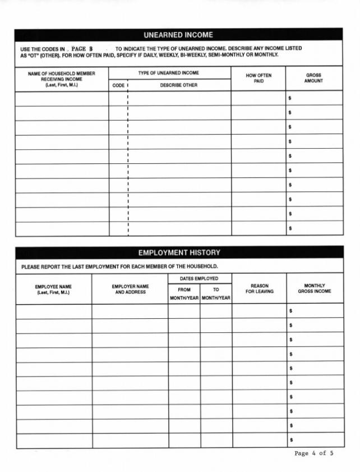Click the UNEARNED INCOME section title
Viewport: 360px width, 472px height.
tap(178, 35)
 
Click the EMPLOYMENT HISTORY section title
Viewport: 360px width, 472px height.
tap(179, 253)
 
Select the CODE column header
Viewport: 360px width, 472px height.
tap(118, 85)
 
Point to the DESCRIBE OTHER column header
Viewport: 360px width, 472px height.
tap(179, 85)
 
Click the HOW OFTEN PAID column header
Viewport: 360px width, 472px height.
tap(258, 78)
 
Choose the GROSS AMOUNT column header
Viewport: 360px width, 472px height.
tap(313, 78)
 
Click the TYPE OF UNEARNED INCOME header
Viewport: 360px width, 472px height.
tap(169, 73)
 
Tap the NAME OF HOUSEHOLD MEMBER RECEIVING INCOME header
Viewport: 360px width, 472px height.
tap(62, 79)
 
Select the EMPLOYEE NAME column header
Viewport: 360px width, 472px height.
tap(54, 289)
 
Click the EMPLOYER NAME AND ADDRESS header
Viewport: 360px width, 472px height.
tap(130, 289)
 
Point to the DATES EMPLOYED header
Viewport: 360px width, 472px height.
tap(199, 278)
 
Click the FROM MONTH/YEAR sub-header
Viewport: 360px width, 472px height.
tap(184, 294)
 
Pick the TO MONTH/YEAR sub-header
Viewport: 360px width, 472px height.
tap(216, 294)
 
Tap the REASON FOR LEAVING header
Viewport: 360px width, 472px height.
tap(259, 288)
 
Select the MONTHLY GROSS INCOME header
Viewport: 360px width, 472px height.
tap(315, 288)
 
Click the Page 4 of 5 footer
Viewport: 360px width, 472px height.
tap(314, 453)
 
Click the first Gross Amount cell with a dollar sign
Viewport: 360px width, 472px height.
tap(314, 98)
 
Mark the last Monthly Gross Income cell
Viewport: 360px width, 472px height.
tap(315, 440)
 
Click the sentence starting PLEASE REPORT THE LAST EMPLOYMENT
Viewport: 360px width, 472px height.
tap(119, 267)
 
